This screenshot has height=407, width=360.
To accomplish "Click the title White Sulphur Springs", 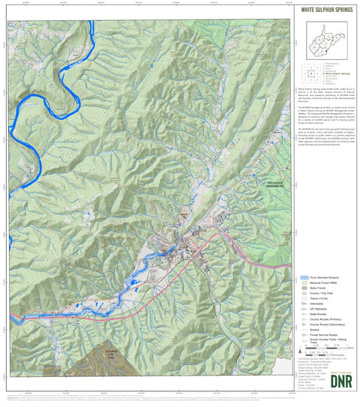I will coord(325,10).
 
